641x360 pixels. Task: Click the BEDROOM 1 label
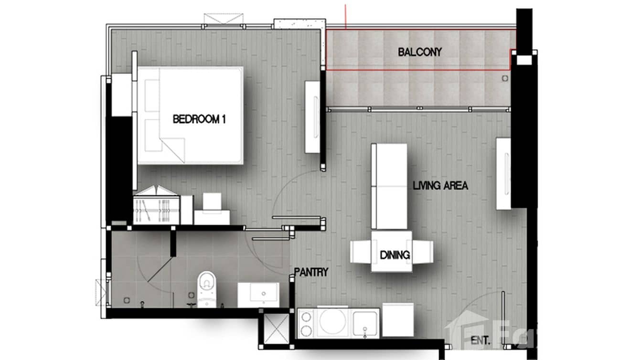(x=199, y=119)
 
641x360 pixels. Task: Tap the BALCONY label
(x=420, y=52)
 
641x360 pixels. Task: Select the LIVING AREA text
(x=440, y=186)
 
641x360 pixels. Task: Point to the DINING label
(x=395, y=255)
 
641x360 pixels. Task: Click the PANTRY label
(x=311, y=273)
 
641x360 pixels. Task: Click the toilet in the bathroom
(x=206, y=288)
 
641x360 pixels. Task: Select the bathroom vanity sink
(x=258, y=294)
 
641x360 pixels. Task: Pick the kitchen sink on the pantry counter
(x=366, y=323)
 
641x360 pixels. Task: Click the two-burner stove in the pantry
(x=306, y=323)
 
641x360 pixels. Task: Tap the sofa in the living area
(x=389, y=186)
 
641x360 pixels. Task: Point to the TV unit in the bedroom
(x=313, y=117)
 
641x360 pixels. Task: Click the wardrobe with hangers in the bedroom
(x=156, y=205)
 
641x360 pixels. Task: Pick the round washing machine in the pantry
(x=332, y=322)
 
